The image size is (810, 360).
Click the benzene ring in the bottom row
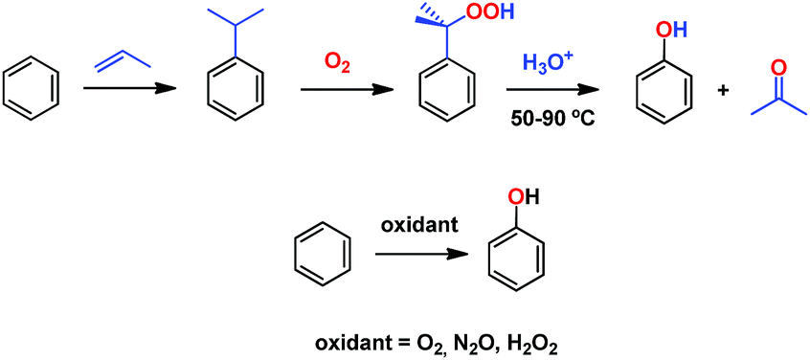pos(323,254)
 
